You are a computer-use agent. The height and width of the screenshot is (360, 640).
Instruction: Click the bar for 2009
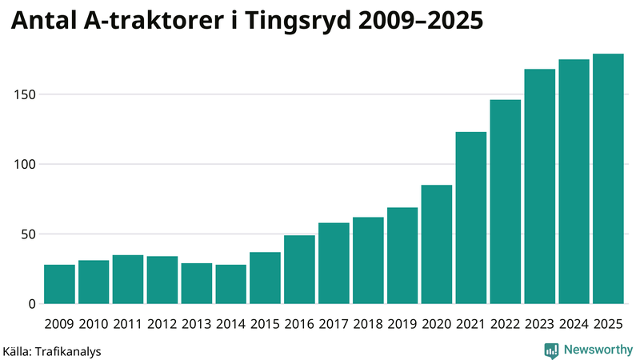point(59,284)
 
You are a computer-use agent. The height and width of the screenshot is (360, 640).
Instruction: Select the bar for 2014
point(230,284)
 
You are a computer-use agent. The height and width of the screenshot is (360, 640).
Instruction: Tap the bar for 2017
point(334,263)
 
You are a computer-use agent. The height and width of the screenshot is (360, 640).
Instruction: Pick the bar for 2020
point(437,245)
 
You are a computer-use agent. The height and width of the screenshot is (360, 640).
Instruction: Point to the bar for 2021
point(471,218)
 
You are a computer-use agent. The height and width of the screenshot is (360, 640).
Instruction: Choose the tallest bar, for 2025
point(608,179)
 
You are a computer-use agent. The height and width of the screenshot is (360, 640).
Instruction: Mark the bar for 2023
point(539,186)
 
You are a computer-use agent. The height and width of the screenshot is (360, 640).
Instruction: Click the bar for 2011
point(128,279)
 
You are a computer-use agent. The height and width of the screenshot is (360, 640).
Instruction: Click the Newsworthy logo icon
point(552,350)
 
